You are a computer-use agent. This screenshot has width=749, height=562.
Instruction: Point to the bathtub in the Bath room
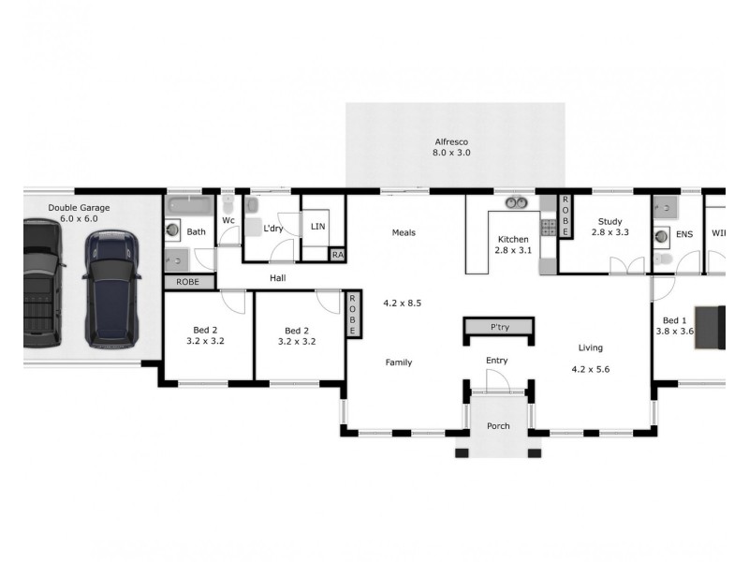tap(191, 206)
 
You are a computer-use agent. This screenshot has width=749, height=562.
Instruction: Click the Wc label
tap(228, 221)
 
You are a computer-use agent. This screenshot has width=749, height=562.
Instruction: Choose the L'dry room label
tap(273, 229)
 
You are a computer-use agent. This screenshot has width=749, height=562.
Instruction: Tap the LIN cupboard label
tap(317, 227)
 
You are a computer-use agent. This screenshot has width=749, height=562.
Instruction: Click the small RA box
tap(337, 254)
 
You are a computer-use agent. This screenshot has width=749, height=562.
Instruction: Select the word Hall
tap(278, 278)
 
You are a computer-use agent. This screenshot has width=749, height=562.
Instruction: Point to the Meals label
tap(404, 233)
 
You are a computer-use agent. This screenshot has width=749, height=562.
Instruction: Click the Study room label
tap(609, 222)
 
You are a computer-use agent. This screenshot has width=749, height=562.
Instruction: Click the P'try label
tap(499, 328)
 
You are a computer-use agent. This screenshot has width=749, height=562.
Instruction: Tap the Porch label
tap(498, 426)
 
